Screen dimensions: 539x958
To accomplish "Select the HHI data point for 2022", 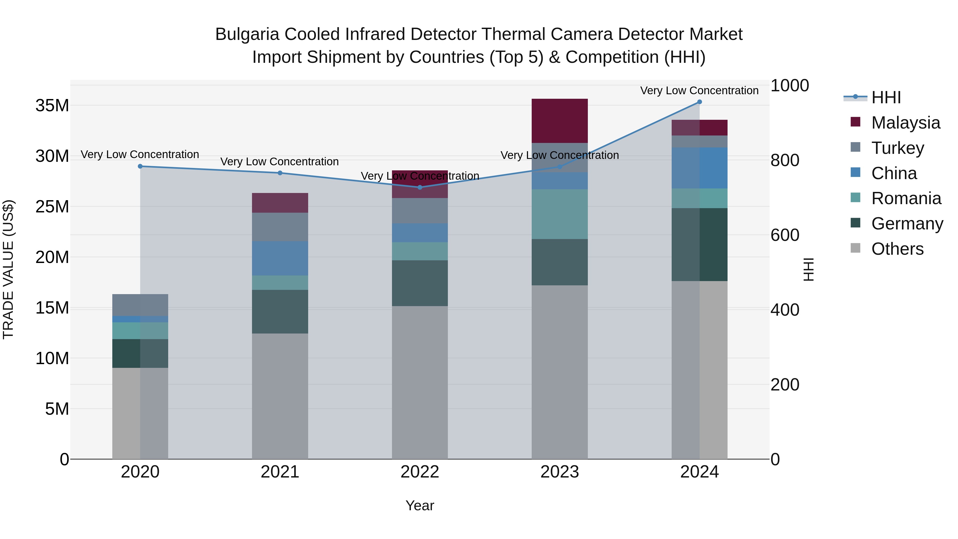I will [x=420, y=187].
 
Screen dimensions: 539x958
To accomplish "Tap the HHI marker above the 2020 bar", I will [x=140, y=166].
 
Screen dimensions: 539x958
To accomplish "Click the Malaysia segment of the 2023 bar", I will [x=559, y=121].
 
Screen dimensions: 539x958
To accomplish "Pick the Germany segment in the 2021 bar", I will [x=280, y=312].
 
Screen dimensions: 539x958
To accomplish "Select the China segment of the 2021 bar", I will [x=280, y=258].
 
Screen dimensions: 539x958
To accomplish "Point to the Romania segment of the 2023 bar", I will [x=559, y=214].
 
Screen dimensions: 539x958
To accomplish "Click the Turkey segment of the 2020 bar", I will [x=140, y=305].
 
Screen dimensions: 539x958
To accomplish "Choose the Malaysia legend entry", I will [x=905, y=123].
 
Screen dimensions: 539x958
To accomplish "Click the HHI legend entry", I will [x=886, y=97].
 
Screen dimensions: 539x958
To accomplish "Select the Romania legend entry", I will [x=906, y=198].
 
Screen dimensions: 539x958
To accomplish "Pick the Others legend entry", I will [x=897, y=249].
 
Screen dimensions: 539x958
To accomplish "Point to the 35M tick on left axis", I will [x=52, y=106].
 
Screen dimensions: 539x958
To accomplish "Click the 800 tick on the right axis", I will [x=785, y=160].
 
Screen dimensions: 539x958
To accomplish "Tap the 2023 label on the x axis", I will [x=559, y=472].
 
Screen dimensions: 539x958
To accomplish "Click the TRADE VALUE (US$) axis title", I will [x=8, y=269].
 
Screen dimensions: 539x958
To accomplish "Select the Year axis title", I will [x=420, y=505].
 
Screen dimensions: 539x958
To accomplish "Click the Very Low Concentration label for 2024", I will [x=699, y=90].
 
